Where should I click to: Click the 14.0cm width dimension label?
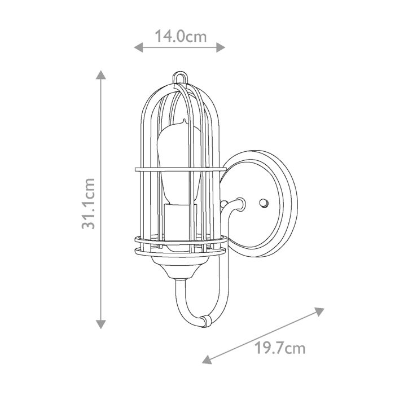(x=181, y=37)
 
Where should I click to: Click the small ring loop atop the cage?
(x=181, y=75)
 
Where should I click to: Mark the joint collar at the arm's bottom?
(x=204, y=321)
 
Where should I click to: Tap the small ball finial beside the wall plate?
(x=225, y=203)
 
